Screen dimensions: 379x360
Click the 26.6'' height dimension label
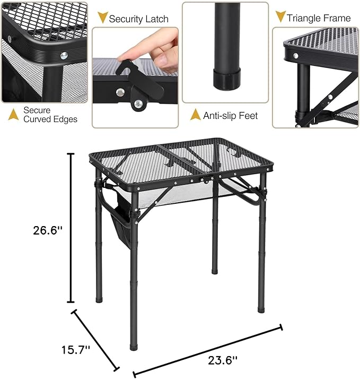[x=48, y=230]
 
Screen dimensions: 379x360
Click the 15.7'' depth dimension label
[x=76, y=350]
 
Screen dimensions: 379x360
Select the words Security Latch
[x=138, y=19]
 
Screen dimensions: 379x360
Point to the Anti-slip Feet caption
[x=231, y=115]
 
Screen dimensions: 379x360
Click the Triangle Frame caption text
[x=319, y=18]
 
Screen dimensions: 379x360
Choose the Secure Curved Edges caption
[x=50, y=115]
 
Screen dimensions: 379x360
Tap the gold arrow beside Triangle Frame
[x=280, y=16]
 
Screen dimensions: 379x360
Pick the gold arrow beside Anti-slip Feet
[x=196, y=115]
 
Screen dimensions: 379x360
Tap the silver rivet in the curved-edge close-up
[x=64, y=54]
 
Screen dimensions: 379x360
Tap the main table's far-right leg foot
[x=261, y=307]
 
